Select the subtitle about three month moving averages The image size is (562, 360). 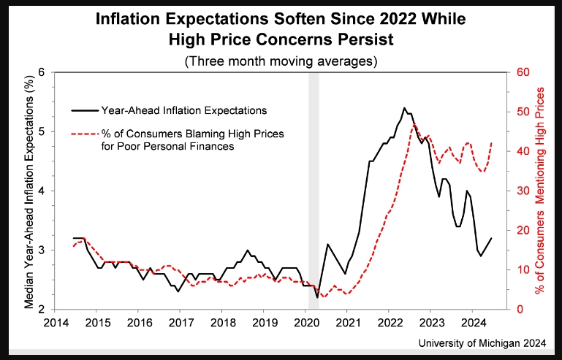click(x=281, y=61)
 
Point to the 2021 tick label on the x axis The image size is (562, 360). click(x=347, y=322)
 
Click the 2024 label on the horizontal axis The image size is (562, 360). click(x=472, y=322)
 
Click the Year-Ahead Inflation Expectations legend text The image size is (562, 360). click(x=184, y=110)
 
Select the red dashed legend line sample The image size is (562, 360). click(x=85, y=134)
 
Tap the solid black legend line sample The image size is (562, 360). click(x=85, y=110)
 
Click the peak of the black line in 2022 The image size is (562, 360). click(x=404, y=108)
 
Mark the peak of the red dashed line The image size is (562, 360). click(x=414, y=124)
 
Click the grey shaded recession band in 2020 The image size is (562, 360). click(x=314, y=191)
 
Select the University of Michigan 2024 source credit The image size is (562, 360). click(x=482, y=343)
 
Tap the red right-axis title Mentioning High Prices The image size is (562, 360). click(x=539, y=191)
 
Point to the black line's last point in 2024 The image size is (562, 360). click(x=491, y=238)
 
